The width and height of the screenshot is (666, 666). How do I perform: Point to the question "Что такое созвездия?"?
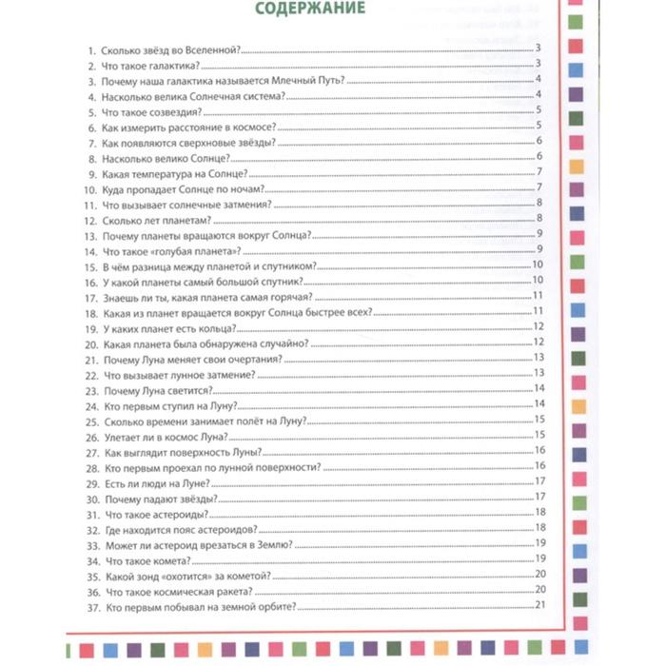[151, 110]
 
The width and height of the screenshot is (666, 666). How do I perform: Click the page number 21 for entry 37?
[539, 606]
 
